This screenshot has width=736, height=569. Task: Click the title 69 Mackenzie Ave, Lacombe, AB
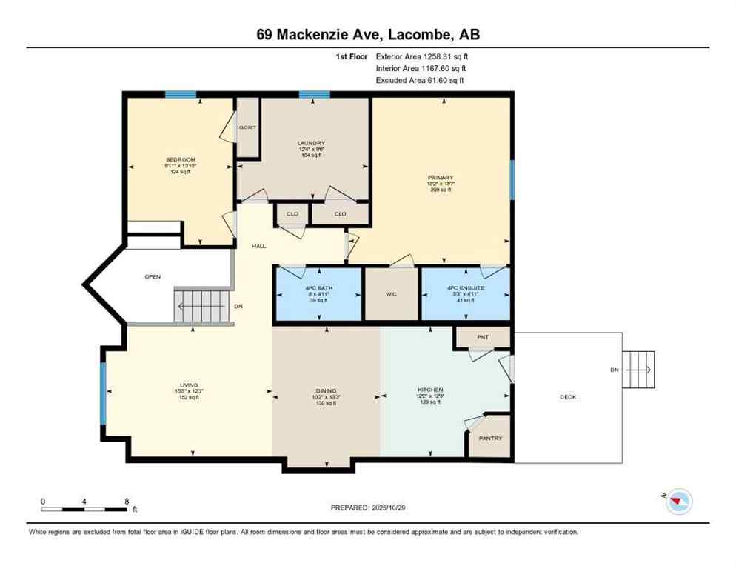368,35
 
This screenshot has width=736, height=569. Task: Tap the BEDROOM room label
180,160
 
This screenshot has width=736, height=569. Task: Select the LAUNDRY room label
311,144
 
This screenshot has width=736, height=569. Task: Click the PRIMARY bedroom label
441,178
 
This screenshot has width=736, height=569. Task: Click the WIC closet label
391,294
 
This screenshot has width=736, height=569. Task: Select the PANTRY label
490,438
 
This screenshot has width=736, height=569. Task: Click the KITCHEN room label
429,390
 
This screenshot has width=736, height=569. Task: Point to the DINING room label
326,390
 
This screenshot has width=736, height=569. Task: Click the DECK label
567,397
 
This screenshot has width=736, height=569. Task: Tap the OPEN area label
153,276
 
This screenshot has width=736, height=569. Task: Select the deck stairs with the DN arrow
638,369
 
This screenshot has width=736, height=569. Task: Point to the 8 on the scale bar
127,502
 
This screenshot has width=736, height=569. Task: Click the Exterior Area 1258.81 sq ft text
422,56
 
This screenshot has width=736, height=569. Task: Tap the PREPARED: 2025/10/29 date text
367,508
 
